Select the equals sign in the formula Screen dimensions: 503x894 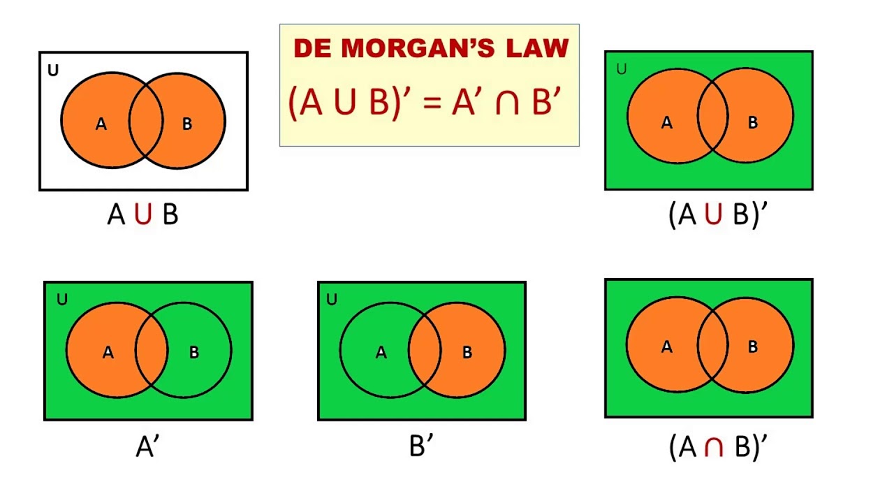point(432,103)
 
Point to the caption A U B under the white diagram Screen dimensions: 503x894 point(142,214)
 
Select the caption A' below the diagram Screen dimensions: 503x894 point(147,446)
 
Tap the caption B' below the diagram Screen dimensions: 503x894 point(421,446)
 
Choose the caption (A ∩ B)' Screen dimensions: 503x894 point(717,446)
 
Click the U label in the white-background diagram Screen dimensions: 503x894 point(53,71)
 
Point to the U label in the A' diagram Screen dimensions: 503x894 point(62,300)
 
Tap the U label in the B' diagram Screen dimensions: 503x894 point(332,300)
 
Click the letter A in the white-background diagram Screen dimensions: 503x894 point(101,124)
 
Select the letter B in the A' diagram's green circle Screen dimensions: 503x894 point(194,353)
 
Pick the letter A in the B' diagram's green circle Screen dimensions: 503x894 point(381,353)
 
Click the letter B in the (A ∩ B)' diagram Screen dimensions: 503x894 point(753,347)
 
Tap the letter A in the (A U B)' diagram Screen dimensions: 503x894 point(666,123)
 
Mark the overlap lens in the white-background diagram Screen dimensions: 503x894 point(145,122)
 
